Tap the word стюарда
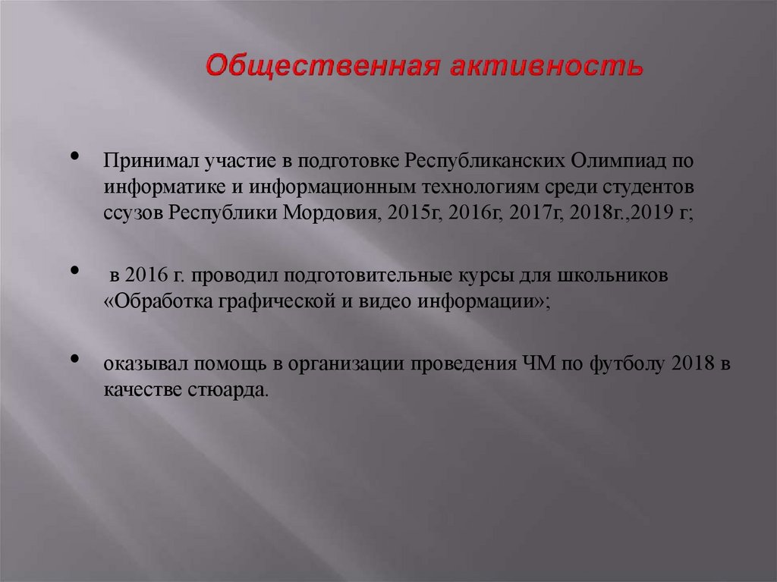[x=226, y=390]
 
